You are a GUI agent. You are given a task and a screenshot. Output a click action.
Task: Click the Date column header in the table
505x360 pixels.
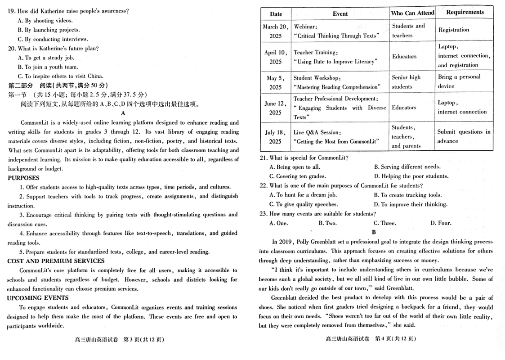[x=276, y=14]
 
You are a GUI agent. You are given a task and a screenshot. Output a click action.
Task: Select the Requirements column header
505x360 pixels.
[x=465, y=13]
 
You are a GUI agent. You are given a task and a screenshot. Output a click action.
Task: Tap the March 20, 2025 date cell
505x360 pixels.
[x=276, y=31]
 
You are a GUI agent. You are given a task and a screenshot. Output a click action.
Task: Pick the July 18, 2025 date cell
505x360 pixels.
[x=276, y=137]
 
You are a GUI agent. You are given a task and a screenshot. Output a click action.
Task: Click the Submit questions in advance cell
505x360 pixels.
[x=464, y=136]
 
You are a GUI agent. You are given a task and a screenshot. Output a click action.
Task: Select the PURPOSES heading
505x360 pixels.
[x=23, y=178]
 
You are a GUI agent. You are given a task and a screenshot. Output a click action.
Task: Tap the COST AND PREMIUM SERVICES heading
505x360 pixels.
[x=56, y=261]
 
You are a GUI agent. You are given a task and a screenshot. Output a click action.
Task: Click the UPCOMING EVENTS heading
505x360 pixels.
[x=38, y=298]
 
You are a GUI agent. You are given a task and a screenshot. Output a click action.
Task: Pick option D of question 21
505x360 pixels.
[x=411, y=176]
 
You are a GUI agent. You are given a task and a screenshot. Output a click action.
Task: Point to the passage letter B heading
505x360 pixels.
[x=373, y=232]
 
